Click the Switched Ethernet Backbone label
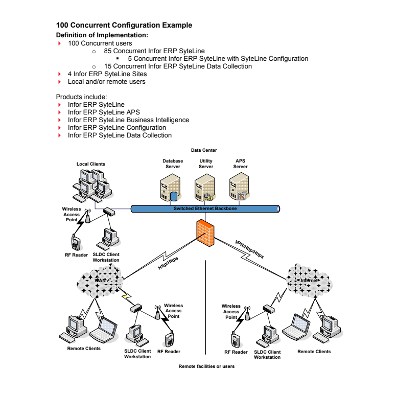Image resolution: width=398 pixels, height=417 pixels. click(205, 208)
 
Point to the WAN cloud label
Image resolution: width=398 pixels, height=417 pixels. click(101, 280)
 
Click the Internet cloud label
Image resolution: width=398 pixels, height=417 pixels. click(309, 280)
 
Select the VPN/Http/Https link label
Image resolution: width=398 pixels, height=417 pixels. click(249, 249)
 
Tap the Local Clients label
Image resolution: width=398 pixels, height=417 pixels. click(91, 164)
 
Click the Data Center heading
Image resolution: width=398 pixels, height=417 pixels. click(204, 150)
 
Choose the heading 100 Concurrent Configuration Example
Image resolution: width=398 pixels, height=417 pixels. click(124, 25)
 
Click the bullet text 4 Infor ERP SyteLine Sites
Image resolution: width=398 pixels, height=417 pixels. click(107, 74)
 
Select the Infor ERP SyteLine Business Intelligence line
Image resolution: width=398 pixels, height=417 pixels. click(128, 120)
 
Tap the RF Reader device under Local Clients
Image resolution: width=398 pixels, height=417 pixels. click(76, 241)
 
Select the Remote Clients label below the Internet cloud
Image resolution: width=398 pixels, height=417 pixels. click(314, 352)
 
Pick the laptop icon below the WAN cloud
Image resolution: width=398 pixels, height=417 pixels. click(104, 330)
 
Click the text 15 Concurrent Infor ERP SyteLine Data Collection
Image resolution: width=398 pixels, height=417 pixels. click(178, 66)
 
